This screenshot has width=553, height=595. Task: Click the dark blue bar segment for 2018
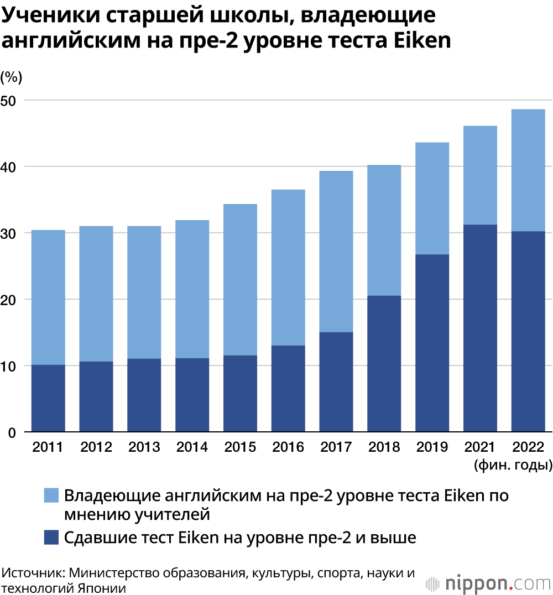[384, 363]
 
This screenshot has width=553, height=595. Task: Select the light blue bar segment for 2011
[48, 297]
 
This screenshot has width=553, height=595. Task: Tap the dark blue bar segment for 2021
[480, 328]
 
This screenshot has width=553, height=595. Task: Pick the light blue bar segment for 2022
[528, 170]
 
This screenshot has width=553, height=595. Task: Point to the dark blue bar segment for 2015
[240, 393]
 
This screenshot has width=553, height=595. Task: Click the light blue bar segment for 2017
[336, 251]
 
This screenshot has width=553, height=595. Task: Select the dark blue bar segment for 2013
[144, 395]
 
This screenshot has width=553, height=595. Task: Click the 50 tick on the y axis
[12, 101]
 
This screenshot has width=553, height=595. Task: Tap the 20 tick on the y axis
[12, 300]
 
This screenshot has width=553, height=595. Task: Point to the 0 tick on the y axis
[12, 432]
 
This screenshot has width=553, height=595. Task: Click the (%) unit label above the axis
[12, 77]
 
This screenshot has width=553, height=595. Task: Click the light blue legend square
[51, 495]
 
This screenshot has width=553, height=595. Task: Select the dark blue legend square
[51, 537]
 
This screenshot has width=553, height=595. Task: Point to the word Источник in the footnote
[32, 572]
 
